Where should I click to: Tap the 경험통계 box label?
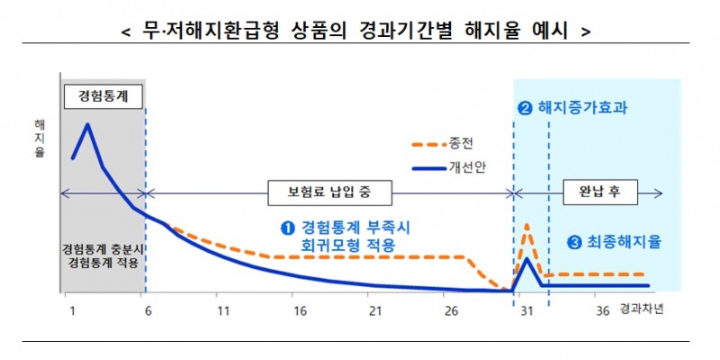click(103, 95)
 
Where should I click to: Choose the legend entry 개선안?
click(466, 168)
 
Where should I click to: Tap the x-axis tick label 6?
click(147, 310)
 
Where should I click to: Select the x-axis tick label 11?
click(221, 310)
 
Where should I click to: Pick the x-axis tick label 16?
click(299, 310)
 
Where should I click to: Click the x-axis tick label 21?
click(375, 310)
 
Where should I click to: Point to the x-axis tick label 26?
click(452, 310)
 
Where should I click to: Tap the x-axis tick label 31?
click(527, 310)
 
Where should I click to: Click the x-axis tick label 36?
click(603, 310)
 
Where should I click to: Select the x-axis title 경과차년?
click(643, 310)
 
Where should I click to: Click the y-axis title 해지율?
click(40, 139)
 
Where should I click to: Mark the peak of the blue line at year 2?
click(88, 124)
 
